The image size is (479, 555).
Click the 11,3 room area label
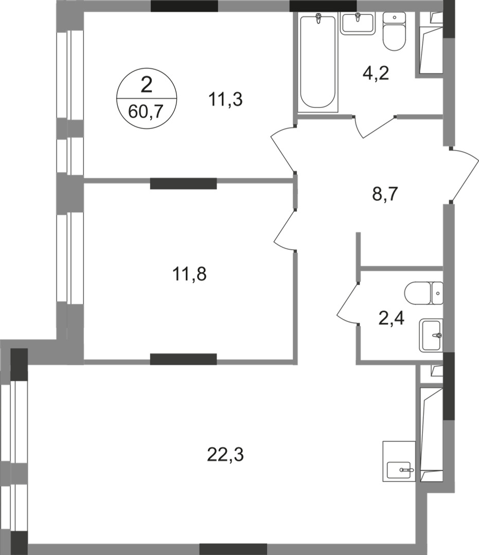225,100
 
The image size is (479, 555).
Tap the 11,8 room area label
189,274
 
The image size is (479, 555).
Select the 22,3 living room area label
225,455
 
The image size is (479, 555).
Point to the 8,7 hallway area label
385,194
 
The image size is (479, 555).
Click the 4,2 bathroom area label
376,73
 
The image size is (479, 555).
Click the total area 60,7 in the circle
146,112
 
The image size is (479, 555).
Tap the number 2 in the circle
146,85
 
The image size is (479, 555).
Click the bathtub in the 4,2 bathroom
317,62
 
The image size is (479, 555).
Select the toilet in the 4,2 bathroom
394,31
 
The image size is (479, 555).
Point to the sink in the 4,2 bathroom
358,23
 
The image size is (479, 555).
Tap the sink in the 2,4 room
431,335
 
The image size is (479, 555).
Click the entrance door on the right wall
465,175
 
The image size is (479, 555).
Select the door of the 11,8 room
285,231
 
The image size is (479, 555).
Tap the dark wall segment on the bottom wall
233,549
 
